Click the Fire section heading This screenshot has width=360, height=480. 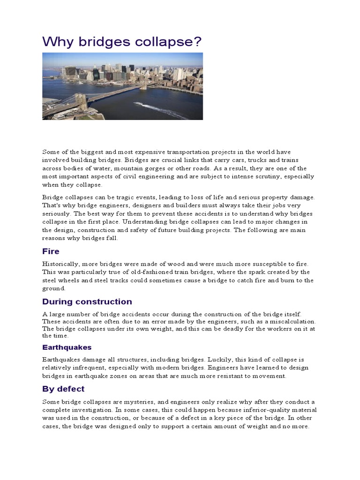[x=51, y=251]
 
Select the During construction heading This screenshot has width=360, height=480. [x=87, y=301]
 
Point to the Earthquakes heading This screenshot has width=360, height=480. [x=67, y=347]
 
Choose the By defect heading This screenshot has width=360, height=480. [x=63, y=389]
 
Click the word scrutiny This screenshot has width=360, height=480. [x=272, y=176]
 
